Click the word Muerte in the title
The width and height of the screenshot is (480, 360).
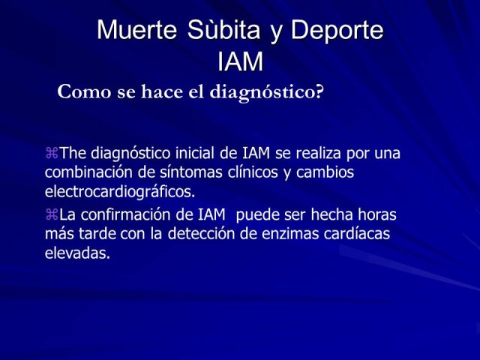point(136,30)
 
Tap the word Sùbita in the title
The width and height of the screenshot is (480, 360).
point(223,29)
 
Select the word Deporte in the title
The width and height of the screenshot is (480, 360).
point(337,31)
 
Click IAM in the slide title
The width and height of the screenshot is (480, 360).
point(240,61)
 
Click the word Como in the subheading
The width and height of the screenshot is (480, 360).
point(84,91)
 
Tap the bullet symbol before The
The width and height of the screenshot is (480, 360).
point(52,153)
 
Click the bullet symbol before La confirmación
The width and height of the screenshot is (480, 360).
point(52,214)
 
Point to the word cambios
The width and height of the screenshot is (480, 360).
point(325,172)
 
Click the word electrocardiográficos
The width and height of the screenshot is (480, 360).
point(120,192)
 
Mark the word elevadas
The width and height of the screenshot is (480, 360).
point(77,253)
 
